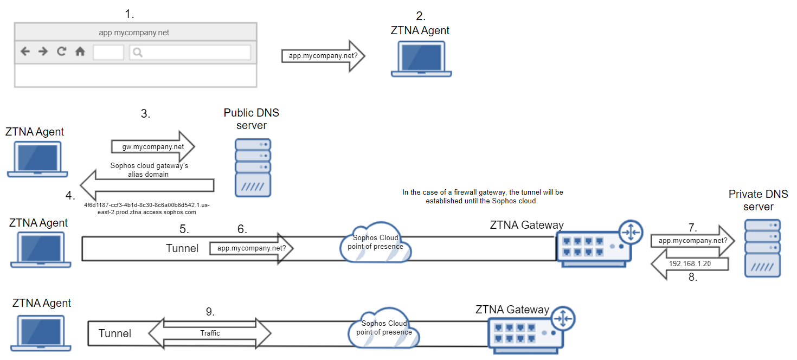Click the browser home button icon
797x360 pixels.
[80, 52]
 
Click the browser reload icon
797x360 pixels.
[61, 52]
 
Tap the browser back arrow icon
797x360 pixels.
[25, 52]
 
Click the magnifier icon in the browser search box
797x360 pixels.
[138, 52]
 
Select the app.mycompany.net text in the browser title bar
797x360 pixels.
[134, 33]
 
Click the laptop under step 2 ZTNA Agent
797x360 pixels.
[421, 60]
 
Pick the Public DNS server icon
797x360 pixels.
[253, 168]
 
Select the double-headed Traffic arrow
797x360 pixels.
[210, 333]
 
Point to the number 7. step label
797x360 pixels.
[692, 227]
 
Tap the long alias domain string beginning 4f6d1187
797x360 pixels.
[146, 209]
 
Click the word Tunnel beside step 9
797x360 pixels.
[114, 333]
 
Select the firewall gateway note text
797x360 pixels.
[483, 196]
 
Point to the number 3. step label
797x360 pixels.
[145, 114]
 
